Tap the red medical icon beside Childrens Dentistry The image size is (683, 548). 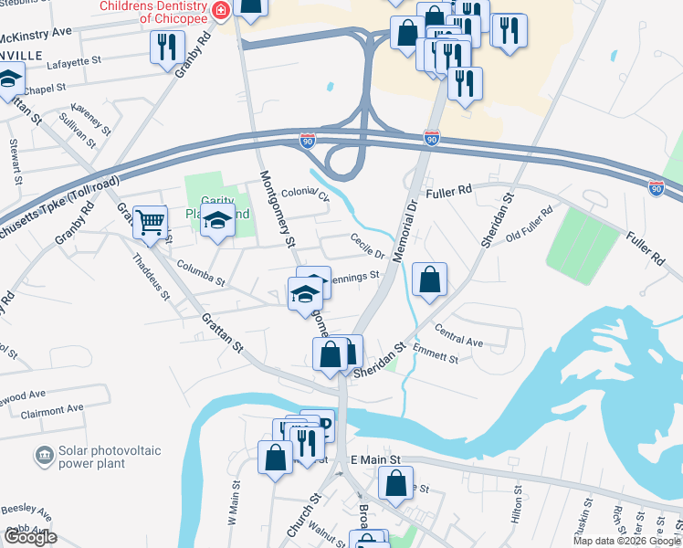click(218, 11)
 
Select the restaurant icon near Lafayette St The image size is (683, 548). click(167, 47)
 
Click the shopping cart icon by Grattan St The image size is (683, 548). click(150, 222)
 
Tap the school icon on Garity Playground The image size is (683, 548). click(217, 222)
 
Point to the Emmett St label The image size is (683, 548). click(436, 357)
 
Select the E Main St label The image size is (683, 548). click(375, 459)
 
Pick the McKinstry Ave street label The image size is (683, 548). click(37, 33)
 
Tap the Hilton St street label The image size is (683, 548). click(517, 503)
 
